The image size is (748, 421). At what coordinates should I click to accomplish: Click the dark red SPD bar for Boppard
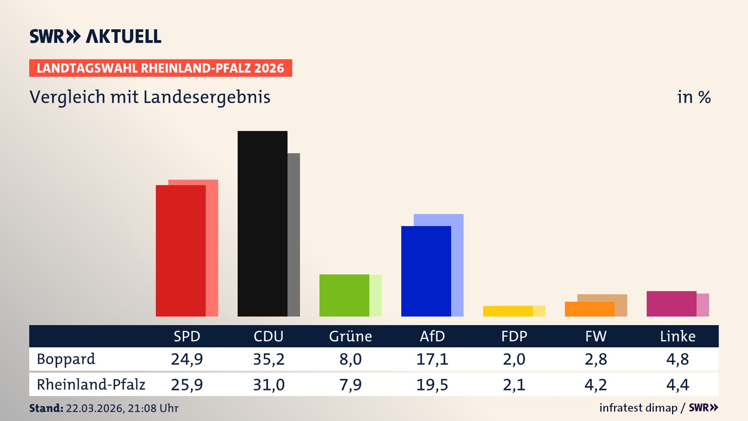pos(180,251)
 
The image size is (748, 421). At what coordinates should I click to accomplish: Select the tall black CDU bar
pos(262,223)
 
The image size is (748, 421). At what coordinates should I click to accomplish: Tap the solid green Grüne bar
pos(344,295)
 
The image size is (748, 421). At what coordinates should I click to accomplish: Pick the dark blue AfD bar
pos(426,271)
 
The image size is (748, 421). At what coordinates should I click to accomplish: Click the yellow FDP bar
pos(508,311)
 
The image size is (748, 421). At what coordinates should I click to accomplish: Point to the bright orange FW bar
pos(589,309)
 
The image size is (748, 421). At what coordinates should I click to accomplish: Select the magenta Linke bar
pos(671,304)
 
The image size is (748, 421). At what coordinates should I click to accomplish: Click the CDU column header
pos(268,336)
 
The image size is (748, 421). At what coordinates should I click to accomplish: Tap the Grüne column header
pos(350,336)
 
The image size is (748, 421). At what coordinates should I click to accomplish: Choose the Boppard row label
pos(66,359)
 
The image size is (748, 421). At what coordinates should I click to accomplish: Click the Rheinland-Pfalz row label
pos(91,385)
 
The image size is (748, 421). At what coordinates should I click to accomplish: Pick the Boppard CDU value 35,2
pos(268,359)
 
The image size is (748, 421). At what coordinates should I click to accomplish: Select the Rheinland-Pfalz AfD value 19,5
pos(432,385)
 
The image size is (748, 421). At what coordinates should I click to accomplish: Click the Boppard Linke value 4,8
pos(677,359)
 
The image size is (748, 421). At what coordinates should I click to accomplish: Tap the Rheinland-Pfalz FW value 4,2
pos(596,385)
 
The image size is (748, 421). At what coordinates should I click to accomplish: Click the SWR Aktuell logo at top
pos(95,36)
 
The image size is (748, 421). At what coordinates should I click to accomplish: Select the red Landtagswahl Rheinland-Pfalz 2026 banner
pos(161,68)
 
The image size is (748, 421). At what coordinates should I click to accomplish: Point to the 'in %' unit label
pos(693,97)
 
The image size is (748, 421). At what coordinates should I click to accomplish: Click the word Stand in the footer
pos(46,408)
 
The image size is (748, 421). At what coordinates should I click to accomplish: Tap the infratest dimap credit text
pos(638,408)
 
